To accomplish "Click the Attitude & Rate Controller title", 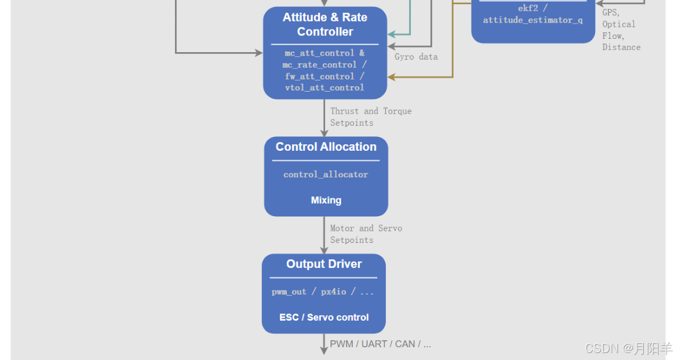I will (x=324, y=24).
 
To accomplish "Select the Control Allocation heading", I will (x=326, y=147).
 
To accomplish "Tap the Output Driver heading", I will (x=324, y=264).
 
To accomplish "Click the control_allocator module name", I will (x=326, y=174).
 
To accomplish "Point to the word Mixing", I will (x=326, y=200).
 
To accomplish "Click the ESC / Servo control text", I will (x=324, y=317).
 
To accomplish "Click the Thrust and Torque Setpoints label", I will (x=371, y=117).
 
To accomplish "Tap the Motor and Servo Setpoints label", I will (x=366, y=234).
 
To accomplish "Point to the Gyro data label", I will (x=416, y=57).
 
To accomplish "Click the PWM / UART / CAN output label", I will (x=380, y=344).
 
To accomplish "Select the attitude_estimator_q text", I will (x=532, y=20).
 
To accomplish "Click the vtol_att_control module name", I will (x=324, y=88).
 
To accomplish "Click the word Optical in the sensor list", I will (x=619, y=24).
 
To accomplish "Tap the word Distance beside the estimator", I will (x=621, y=47).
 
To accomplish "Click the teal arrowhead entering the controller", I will (x=392, y=35).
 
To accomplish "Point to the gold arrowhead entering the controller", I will (x=392, y=77).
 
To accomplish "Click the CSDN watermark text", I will (x=628, y=348).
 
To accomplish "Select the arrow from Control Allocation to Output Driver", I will (x=324, y=235).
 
